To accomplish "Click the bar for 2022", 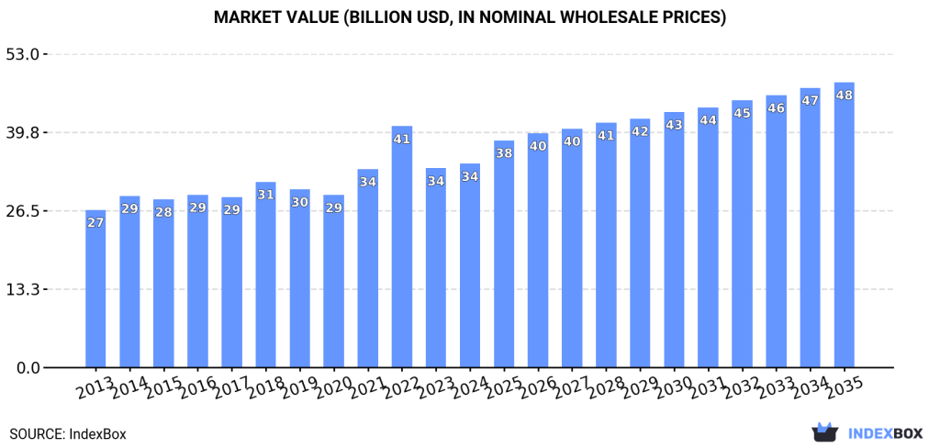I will (402, 248).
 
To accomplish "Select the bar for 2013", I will (95, 289).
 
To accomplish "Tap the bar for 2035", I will (844, 225).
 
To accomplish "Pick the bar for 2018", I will (266, 275).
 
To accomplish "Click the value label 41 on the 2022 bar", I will (402, 140).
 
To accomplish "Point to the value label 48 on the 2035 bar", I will (844, 95).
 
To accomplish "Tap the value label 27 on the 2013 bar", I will (95, 223).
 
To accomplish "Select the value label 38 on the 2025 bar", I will (504, 153).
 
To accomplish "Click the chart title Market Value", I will (469, 17).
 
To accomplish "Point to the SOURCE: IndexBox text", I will (68, 433).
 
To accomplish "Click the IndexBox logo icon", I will (826, 432).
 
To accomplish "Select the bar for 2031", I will (708, 238).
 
